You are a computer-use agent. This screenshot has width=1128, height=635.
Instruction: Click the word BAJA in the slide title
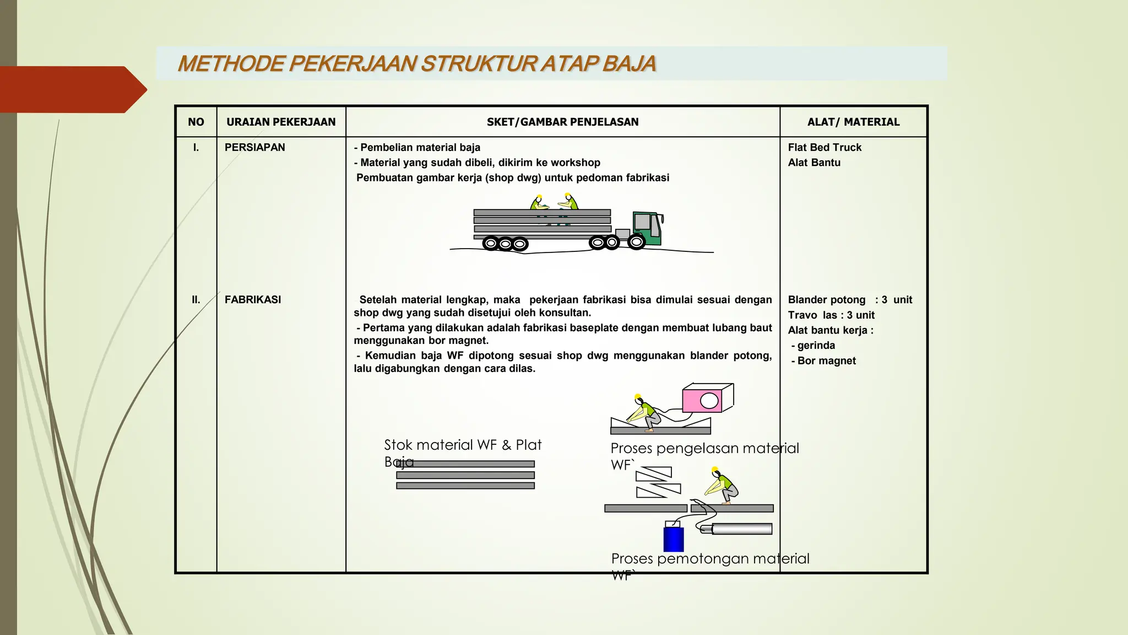(628, 64)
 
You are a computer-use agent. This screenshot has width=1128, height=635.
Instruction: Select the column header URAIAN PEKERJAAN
(281, 122)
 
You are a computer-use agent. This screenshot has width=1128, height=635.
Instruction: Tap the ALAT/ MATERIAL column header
(853, 122)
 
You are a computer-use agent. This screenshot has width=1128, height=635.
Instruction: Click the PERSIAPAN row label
(254, 147)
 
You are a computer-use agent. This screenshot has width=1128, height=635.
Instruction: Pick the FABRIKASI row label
(253, 299)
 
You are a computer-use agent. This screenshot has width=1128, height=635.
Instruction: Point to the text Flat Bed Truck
(825, 147)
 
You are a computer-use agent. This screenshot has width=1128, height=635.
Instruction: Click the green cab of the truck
(647, 227)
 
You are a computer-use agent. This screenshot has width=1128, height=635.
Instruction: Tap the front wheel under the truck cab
(636, 241)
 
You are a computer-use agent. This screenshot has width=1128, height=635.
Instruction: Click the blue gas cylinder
(674, 539)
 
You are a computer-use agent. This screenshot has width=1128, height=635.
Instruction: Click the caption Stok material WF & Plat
(463, 445)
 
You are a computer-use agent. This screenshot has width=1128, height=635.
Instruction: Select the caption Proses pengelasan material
(704, 448)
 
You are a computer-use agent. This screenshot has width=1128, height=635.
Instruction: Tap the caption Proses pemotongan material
(710, 558)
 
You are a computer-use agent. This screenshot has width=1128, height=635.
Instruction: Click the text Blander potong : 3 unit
(850, 299)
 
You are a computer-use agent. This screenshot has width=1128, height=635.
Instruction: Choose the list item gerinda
(816, 345)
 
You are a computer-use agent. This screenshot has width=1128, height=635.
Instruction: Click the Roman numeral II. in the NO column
(196, 299)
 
